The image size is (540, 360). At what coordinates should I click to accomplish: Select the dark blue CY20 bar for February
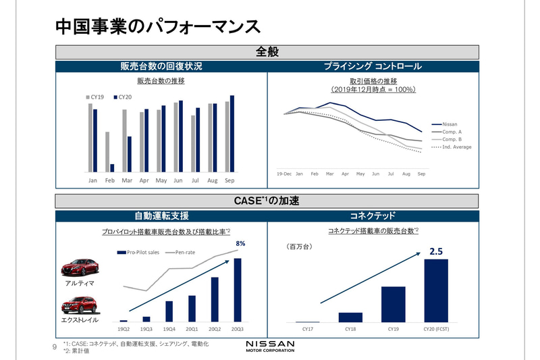(112, 168)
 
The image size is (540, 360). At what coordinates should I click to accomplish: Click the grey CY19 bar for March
(124, 140)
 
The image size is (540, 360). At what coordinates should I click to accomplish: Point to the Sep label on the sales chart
(230, 181)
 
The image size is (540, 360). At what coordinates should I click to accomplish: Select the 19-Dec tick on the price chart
(284, 174)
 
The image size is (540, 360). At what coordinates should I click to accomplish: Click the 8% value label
(240, 243)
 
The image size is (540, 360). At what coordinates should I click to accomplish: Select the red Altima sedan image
(79, 268)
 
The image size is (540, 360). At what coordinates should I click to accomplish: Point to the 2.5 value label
(435, 252)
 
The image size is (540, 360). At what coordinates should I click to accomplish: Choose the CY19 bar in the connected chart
(393, 305)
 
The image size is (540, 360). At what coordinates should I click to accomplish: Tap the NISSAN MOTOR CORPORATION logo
(269, 346)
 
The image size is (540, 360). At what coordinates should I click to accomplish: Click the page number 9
(55, 347)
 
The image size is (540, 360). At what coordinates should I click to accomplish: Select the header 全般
(267, 51)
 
